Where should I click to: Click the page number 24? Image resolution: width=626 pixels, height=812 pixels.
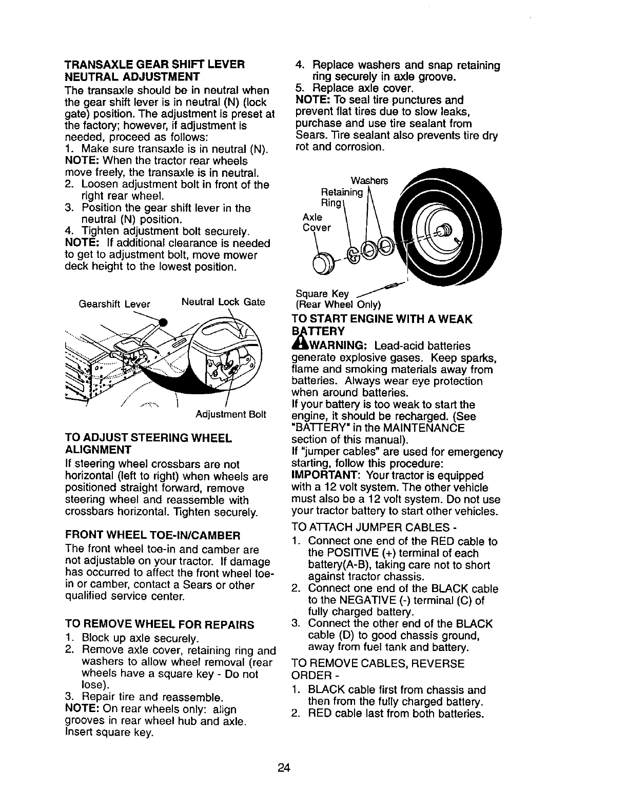(285, 767)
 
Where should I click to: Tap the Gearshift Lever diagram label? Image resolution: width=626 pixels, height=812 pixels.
(114, 304)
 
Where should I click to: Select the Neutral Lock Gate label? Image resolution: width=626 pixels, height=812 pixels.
(223, 302)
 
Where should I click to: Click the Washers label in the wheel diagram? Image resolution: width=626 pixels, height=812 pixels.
(369, 180)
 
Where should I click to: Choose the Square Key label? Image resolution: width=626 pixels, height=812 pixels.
(322, 294)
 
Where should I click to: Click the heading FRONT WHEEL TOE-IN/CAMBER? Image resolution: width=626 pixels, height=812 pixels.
(153, 536)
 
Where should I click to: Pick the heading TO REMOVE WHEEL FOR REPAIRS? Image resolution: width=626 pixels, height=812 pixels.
(160, 625)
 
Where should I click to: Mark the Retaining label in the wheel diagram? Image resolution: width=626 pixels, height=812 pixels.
(341, 192)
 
